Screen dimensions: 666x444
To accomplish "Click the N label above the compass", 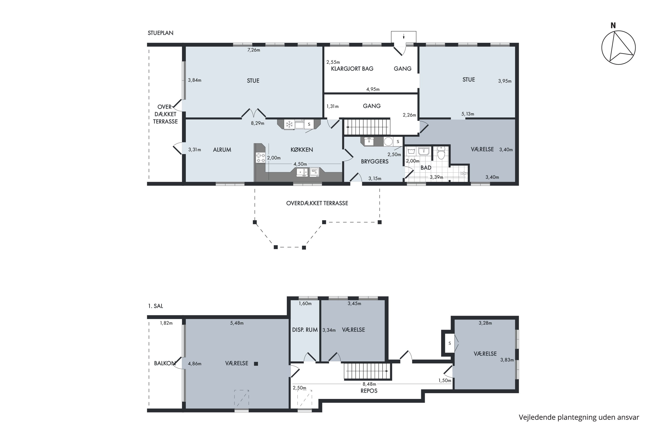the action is [613, 26].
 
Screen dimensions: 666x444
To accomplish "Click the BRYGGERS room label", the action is [375, 161].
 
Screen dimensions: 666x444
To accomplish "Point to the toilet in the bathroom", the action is [441, 153].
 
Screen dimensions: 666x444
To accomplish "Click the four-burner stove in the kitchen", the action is [260, 158].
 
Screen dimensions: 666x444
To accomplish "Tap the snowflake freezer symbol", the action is [289, 124].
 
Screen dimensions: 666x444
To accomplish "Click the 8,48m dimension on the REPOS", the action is [370, 384].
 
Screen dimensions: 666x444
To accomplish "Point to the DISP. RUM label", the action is [305, 330].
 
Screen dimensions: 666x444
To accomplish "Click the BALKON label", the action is [165, 363].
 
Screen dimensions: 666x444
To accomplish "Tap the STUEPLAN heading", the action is [161, 33].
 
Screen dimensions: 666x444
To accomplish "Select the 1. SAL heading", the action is [155, 306].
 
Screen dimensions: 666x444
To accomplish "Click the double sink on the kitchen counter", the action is [302, 172].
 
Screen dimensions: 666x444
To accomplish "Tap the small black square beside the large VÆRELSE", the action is [256, 364].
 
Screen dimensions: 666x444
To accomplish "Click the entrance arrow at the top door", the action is [404, 36].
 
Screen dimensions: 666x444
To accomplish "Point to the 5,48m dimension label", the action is [237, 323].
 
